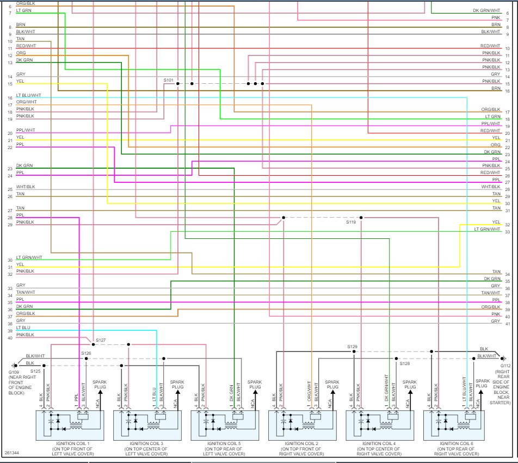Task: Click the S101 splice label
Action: click(x=169, y=80)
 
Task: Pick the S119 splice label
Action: click(x=351, y=222)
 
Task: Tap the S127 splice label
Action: click(x=101, y=340)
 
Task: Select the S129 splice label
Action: click(x=353, y=347)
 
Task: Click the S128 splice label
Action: click(x=404, y=363)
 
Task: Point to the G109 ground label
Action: click(x=14, y=372)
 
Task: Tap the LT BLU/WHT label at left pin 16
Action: click(x=28, y=95)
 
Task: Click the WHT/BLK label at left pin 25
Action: click(x=26, y=187)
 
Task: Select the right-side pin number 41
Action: click(x=508, y=324)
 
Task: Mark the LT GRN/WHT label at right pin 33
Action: click(x=487, y=229)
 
